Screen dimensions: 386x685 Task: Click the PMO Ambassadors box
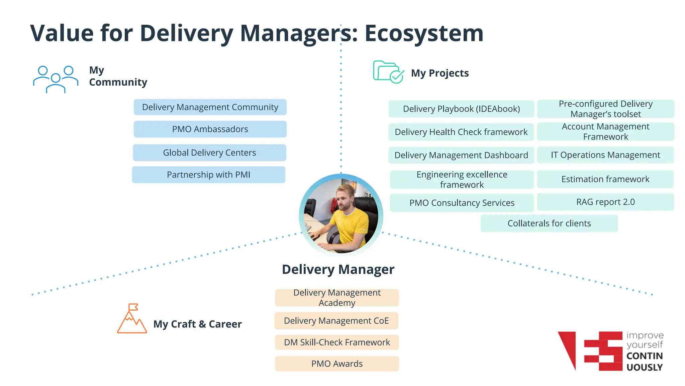pos(210,129)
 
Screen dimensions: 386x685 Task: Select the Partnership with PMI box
pos(209,175)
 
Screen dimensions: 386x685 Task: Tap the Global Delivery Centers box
pos(209,153)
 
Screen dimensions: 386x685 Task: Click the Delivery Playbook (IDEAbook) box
pos(461,109)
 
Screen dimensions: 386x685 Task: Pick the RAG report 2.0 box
pos(605,202)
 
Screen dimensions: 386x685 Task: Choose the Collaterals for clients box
pos(549,223)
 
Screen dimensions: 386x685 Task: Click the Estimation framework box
pos(605,179)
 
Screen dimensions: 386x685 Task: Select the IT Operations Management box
pos(605,155)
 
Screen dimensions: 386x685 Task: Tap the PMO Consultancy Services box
pos(462,203)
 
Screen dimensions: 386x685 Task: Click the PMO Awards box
pos(337,364)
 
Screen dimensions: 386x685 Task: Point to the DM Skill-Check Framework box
pos(337,342)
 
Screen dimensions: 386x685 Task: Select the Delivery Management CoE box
pos(336,321)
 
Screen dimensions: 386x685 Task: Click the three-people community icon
pos(56,79)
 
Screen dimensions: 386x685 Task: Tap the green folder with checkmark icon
pos(388,72)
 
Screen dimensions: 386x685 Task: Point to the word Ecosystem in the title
pos(424,34)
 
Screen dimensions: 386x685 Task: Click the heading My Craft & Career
pos(197,324)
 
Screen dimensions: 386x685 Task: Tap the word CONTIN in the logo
pos(644,356)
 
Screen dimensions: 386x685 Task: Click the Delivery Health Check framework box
pos(461,132)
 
